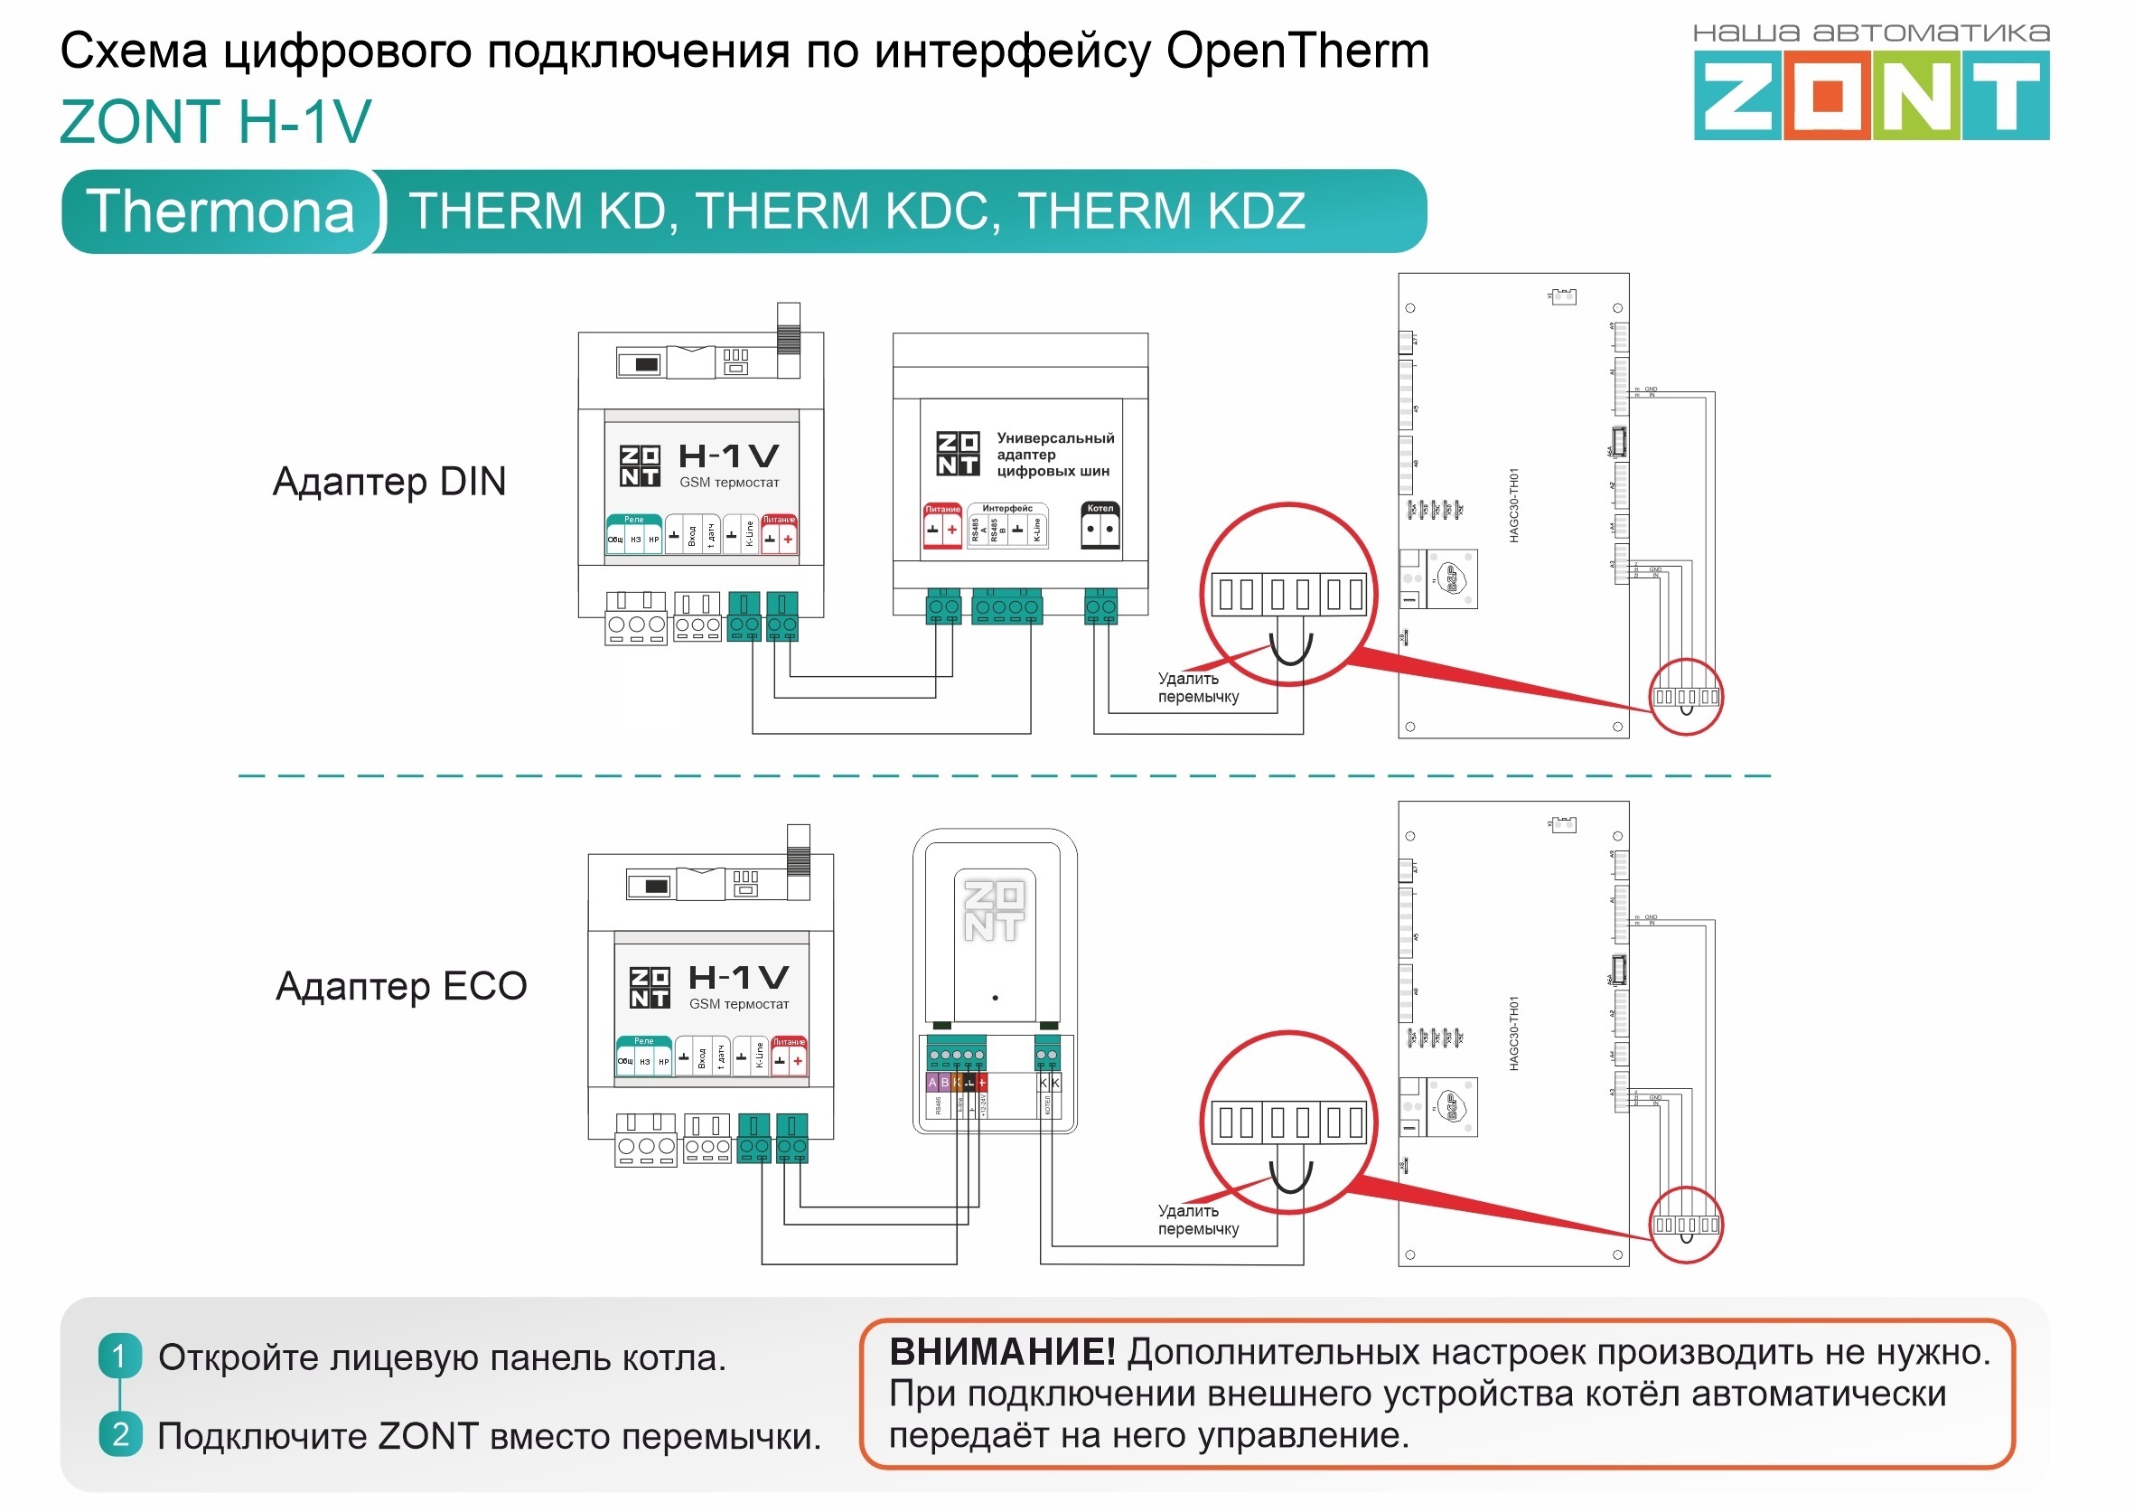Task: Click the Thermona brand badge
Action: click(221, 211)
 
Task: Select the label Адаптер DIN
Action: click(389, 482)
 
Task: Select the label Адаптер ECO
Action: click(401, 985)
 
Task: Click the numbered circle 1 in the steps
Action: click(120, 1356)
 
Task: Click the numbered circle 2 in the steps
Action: click(120, 1433)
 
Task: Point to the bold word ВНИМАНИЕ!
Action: click(1001, 1352)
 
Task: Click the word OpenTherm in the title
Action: click(1296, 51)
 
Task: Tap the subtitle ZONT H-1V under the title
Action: click(215, 121)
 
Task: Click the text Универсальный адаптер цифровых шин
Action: click(1053, 455)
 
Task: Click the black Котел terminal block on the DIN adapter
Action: click(1100, 527)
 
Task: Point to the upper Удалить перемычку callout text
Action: click(1198, 687)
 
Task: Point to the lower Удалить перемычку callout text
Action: click(1198, 1220)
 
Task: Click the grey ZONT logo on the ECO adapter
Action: click(994, 909)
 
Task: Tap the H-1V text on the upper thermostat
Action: click(729, 456)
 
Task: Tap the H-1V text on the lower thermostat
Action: click(739, 978)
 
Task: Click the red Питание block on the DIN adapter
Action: click(941, 527)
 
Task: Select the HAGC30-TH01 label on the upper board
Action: click(1514, 505)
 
